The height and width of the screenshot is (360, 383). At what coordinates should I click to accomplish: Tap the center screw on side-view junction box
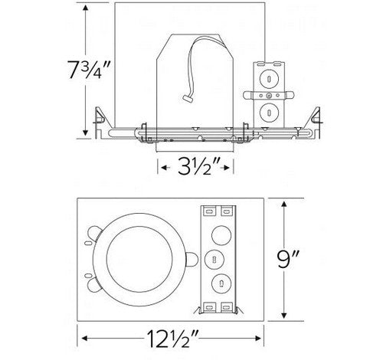(x=270, y=95)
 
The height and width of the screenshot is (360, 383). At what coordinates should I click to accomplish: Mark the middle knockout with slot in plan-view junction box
(x=214, y=257)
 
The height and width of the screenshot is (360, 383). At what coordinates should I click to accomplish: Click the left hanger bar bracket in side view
(x=98, y=116)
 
